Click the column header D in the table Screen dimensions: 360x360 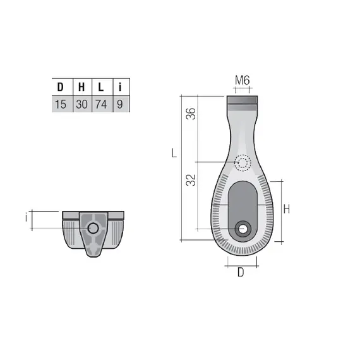pos(61,87)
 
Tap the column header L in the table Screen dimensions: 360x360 pos(101,87)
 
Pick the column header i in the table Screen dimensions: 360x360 pos(120,87)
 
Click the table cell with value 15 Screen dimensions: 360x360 pos(61,104)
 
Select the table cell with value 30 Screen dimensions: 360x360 pos(81,104)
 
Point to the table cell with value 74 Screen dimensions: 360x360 pos(101,104)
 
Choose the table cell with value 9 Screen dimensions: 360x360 pos(120,104)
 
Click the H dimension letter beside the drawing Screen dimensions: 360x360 pos(286,209)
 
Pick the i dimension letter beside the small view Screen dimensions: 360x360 pos(26,218)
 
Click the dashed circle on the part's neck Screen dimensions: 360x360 pos(243,163)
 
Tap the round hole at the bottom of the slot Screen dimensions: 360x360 pos(242,227)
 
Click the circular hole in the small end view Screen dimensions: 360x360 pos(93,227)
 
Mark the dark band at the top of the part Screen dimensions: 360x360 pos(243,99)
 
